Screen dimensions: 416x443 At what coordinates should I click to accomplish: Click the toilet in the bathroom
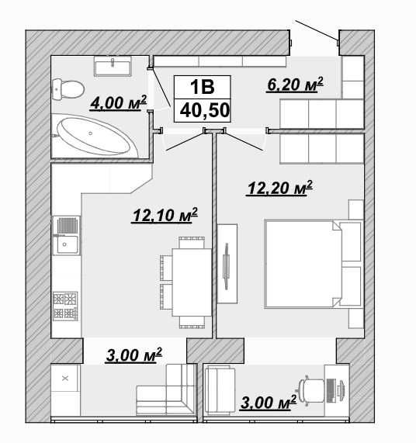click(x=68, y=88)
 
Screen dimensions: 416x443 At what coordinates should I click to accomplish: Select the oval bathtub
click(x=94, y=136)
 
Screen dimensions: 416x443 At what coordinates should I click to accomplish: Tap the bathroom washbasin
click(x=113, y=67)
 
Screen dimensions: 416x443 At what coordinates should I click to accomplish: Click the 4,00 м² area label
click(x=119, y=102)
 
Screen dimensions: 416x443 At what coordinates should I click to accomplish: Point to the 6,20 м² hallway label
click(x=295, y=85)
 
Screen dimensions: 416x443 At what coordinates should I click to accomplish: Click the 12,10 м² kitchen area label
click(x=165, y=215)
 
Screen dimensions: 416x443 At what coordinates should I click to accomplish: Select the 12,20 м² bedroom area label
click(x=279, y=188)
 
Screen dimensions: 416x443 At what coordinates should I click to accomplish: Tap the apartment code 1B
click(x=203, y=87)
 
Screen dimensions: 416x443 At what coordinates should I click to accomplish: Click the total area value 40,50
click(x=205, y=110)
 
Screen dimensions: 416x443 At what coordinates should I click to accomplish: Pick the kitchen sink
click(x=66, y=236)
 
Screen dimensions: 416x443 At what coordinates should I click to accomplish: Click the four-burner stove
click(x=65, y=306)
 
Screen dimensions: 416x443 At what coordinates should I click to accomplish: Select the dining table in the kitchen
click(x=192, y=282)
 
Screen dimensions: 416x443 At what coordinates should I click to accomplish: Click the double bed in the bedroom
click(x=313, y=264)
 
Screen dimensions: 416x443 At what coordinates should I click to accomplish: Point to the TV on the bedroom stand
click(x=226, y=266)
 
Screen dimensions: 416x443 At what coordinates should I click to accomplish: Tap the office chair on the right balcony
click(x=312, y=391)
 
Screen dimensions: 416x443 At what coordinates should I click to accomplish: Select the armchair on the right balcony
click(x=220, y=389)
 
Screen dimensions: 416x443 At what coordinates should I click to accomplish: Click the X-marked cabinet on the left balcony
click(x=65, y=379)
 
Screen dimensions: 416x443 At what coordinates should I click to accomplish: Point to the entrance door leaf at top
click(x=317, y=30)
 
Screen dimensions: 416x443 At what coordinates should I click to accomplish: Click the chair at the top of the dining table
click(x=192, y=243)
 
